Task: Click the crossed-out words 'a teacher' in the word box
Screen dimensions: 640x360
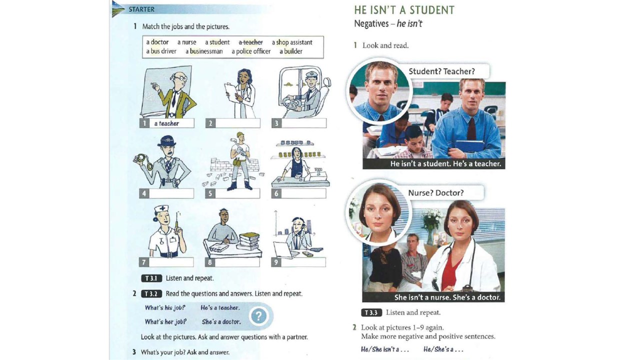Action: [250, 42]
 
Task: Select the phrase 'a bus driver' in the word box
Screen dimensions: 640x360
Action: [161, 51]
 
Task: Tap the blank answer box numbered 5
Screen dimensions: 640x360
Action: [237, 193]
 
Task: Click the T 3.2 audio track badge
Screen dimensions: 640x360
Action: [151, 293]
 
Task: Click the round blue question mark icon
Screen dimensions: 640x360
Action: [258, 316]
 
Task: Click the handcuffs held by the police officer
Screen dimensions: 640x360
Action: [143, 162]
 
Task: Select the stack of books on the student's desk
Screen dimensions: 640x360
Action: [249, 240]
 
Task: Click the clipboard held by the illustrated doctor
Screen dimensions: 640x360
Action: [233, 92]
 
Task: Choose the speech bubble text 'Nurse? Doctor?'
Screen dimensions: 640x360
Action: [435, 193]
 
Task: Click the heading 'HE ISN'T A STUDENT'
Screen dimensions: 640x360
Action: [404, 10]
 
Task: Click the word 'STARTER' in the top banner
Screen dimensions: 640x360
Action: [141, 9]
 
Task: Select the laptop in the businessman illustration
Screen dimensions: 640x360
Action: [285, 250]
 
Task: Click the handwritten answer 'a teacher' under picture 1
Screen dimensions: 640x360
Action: [166, 123]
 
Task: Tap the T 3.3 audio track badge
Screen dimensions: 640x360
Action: [371, 312]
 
